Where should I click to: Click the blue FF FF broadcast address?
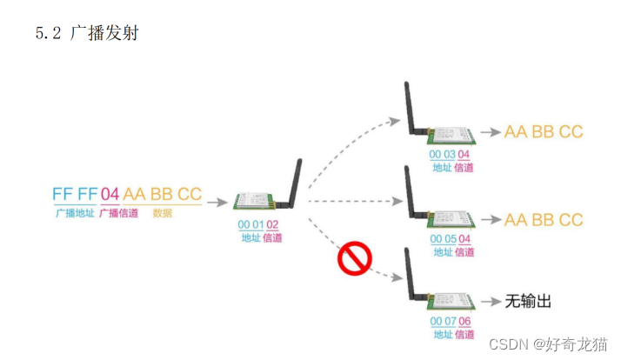pos(74,194)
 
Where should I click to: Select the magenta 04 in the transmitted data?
pos(110,194)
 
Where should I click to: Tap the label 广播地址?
pos(73,212)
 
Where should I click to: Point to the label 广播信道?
pos(118,212)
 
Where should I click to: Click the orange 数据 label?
pos(162,212)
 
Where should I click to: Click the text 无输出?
pos(528,302)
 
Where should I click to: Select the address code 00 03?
pos(443,154)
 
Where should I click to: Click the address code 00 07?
pos(443,321)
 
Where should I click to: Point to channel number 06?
pos(466,321)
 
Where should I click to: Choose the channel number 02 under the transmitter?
pos(273,223)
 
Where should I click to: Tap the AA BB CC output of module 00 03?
pos(544,132)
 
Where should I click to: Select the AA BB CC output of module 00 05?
pos(544,220)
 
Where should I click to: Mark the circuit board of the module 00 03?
pos(452,133)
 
